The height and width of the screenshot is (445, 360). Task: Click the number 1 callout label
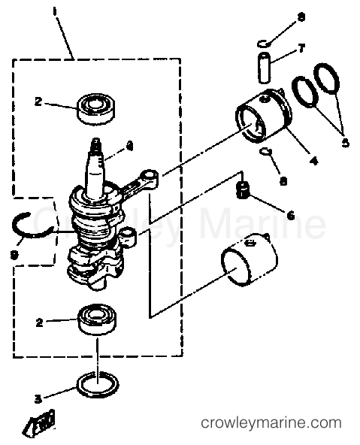coord(54,12)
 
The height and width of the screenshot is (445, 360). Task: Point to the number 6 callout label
coord(289,215)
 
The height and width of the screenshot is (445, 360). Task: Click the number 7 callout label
coord(301,48)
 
